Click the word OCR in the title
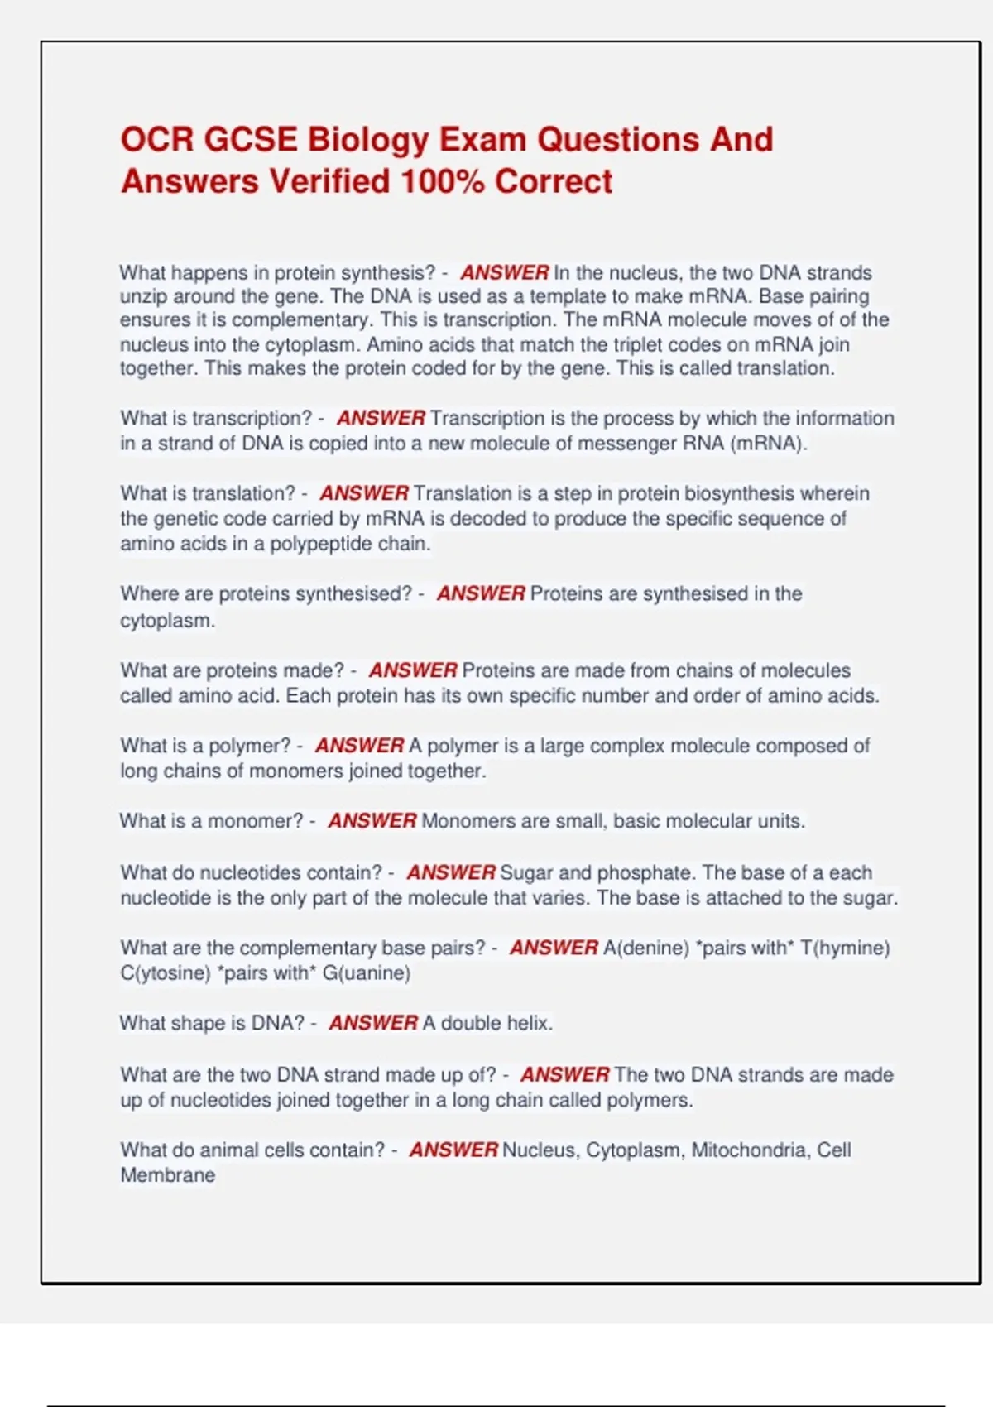click(x=156, y=140)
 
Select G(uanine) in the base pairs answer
click(x=366, y=972)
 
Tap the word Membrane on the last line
click(x=167, y=1175)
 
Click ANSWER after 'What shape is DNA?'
click(x=373, y=1023)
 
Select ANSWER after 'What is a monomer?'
click(x=372, y=821)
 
